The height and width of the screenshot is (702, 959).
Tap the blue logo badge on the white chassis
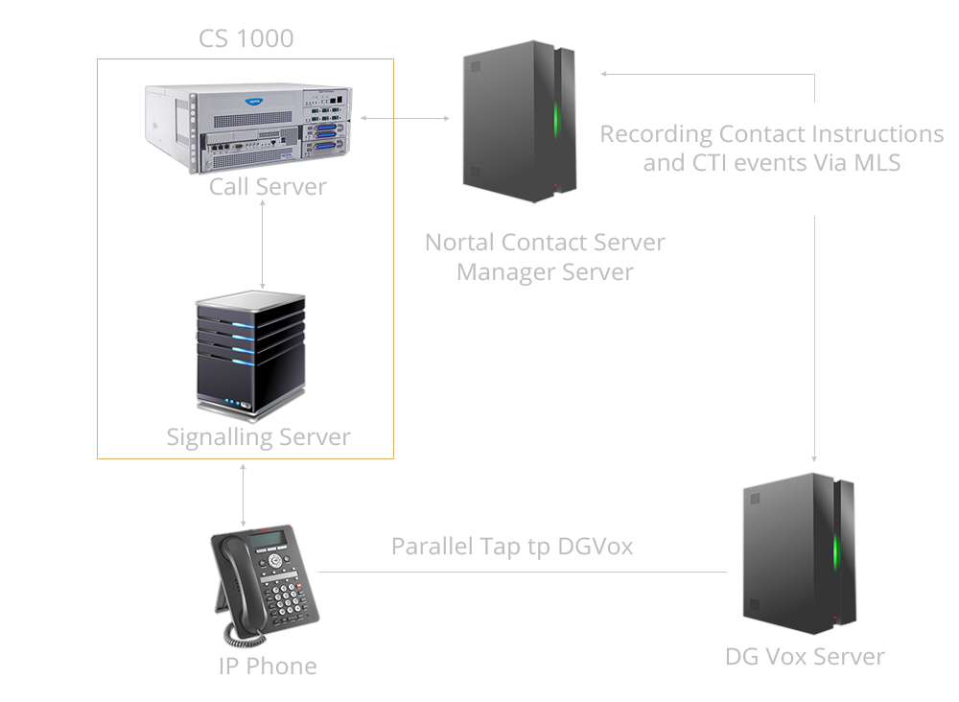(x=256, y=98)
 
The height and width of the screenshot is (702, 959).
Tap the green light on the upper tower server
(x=555, y=121)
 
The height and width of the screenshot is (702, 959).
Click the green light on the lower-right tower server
(x=835, y=551)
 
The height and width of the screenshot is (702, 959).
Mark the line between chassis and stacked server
(x=262, y=245)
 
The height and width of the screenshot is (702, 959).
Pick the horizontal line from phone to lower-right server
(x=523, y=573)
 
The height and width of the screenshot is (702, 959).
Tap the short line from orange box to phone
(x=244, y=494)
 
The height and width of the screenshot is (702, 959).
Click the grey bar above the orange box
(x=246, y=38)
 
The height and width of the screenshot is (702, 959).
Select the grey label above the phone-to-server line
(x=512, y=548)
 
